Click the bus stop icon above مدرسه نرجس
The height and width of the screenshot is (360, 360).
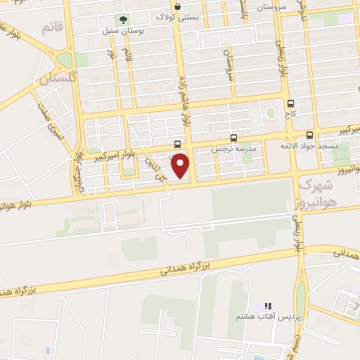[x=234, y=139]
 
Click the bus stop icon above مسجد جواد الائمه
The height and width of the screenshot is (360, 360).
[x=310, y=134]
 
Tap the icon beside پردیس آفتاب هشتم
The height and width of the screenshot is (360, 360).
[x=267, y=307]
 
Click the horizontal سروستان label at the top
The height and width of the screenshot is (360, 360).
[x=254, y=6]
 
